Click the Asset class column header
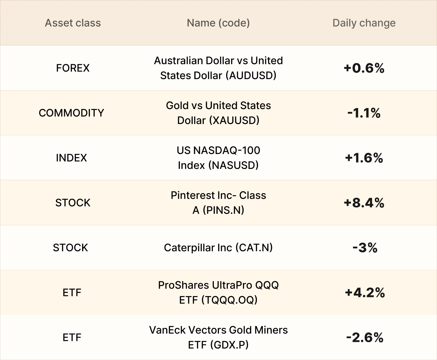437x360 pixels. point(73,23)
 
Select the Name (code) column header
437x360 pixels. point(218,23)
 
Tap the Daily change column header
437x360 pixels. point(364,23)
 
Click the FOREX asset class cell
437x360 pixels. point(73,68)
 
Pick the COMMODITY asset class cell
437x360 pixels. point(71,113)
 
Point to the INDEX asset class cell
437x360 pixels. point(71,158)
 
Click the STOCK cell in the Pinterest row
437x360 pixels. point(73,203)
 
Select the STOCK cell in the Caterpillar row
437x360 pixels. point(70,248)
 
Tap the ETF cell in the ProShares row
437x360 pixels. point(72,292)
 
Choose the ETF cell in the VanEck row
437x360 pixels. point(72,338)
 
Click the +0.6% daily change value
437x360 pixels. point(364,68)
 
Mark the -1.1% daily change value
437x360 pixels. point(364,113)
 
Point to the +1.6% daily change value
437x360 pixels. point(364,158)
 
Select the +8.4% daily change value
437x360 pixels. point(364,203)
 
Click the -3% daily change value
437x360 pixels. point(365,248)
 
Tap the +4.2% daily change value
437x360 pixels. point(365,292)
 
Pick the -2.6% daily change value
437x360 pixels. point(365,338)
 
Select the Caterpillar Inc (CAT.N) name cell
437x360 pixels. point(218,248)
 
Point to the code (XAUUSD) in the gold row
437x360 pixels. point(234,120)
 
